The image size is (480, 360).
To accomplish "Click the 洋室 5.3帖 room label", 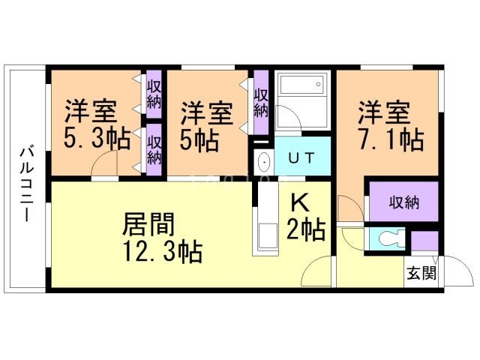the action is pyautogui.click(x=97, y=124).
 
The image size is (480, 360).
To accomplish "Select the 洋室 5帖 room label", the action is pyautogui.click(x=206, y=127).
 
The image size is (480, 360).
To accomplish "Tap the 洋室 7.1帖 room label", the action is pyautogui.click(x=391, y=125).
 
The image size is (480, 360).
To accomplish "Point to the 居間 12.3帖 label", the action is pyautogui.click(x=162, y=238).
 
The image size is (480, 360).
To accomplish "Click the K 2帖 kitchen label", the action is pyautogui.click(x=305, y=217).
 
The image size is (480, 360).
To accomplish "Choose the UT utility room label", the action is pyautogui.click(x=301, y=158).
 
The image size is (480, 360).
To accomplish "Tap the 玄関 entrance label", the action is pyautogui.click(x=421, y=272).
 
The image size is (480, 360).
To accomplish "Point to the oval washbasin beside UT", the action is pyautogui.click(x=264, y=162).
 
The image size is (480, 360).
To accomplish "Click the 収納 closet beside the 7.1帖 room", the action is pyautogui.click(x=403, y=202).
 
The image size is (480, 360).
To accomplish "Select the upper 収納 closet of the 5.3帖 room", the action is pyautogui.click(x=154, y=94).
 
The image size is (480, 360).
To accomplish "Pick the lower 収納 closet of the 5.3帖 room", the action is pyautogui.click(x=154, y=150).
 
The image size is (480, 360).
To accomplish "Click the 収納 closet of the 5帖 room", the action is pyautogui.click(x=261, y=103).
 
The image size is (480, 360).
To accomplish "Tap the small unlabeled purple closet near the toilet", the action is pyautogui.click(x=424, y=241).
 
